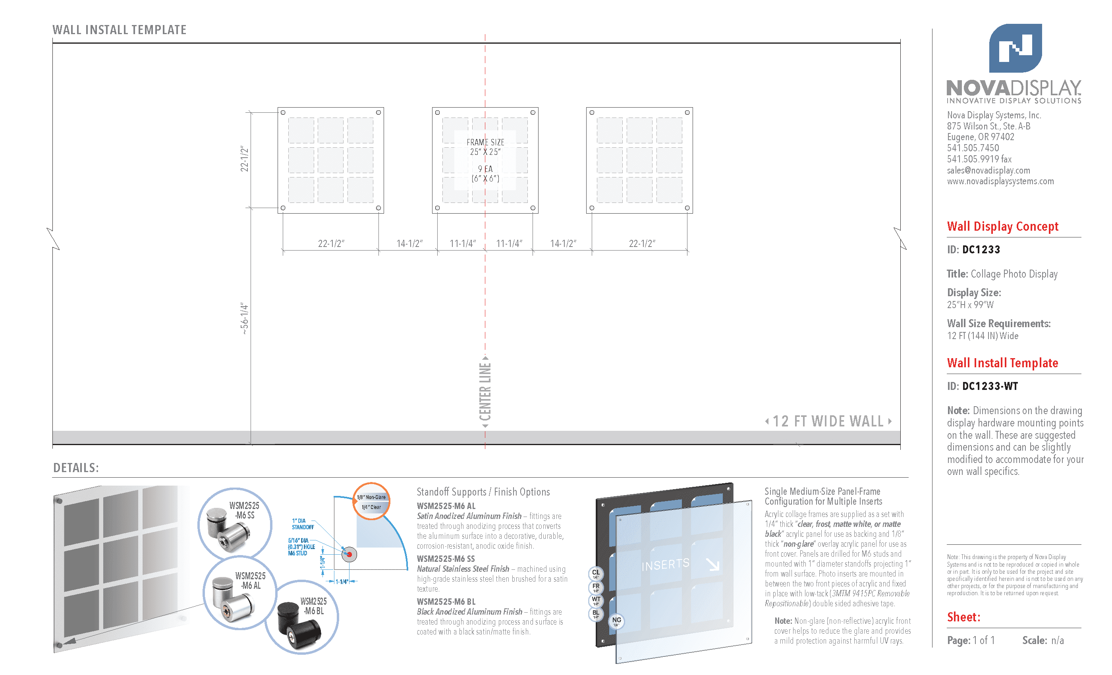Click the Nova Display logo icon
[x=1015, y=48]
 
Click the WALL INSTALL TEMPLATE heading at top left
[x=119, y=30]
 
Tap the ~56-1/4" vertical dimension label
[x=244, y=318]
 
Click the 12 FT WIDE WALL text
[x=828, y=421]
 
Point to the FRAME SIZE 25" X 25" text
[x=485, y=147]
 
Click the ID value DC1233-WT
[x=990, y=386]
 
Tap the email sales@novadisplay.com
[x=988, y=170]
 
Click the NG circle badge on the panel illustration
[x=616, y=621]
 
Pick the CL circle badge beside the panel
[x=596, y=573]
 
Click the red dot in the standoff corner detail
[x=349, y=554]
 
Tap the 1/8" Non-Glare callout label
[x=371, y=497]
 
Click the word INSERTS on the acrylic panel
[x=665, y=564]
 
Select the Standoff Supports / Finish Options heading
[x=483, y=492]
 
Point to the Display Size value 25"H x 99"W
[x=970, y=305]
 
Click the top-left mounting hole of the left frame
[x=283, y=112]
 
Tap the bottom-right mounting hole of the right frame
[x=687, y=208]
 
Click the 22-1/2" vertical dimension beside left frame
[x=244, y=159]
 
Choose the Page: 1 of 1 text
[x=971, y=640]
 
